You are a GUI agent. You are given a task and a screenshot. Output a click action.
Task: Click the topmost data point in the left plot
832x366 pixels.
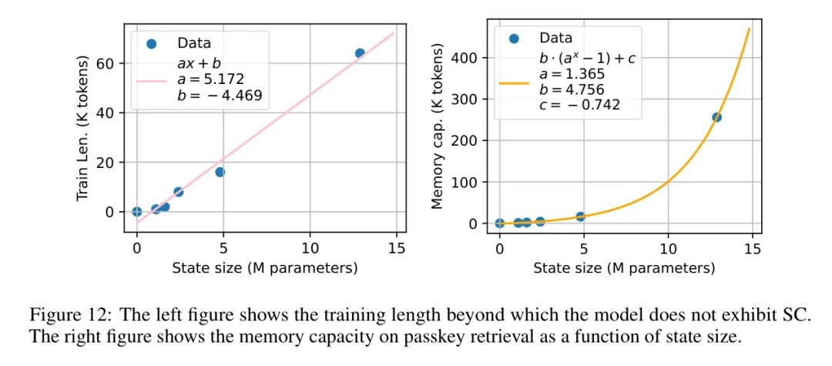pos(360,53)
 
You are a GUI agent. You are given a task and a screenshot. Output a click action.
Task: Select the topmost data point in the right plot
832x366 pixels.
pos(716,117)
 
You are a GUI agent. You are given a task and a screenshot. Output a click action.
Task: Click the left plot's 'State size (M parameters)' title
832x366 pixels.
pos(265,268)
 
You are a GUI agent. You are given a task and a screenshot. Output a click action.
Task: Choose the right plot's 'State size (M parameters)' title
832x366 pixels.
pos(624,268)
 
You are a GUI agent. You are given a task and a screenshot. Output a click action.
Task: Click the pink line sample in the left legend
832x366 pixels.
pos(151,79)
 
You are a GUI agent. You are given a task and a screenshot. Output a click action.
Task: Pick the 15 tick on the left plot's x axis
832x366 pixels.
pos(396,248)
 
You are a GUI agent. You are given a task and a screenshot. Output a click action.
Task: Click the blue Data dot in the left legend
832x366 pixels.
pos(151,43)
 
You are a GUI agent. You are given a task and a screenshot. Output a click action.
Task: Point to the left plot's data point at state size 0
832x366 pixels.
pos(137,211)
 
